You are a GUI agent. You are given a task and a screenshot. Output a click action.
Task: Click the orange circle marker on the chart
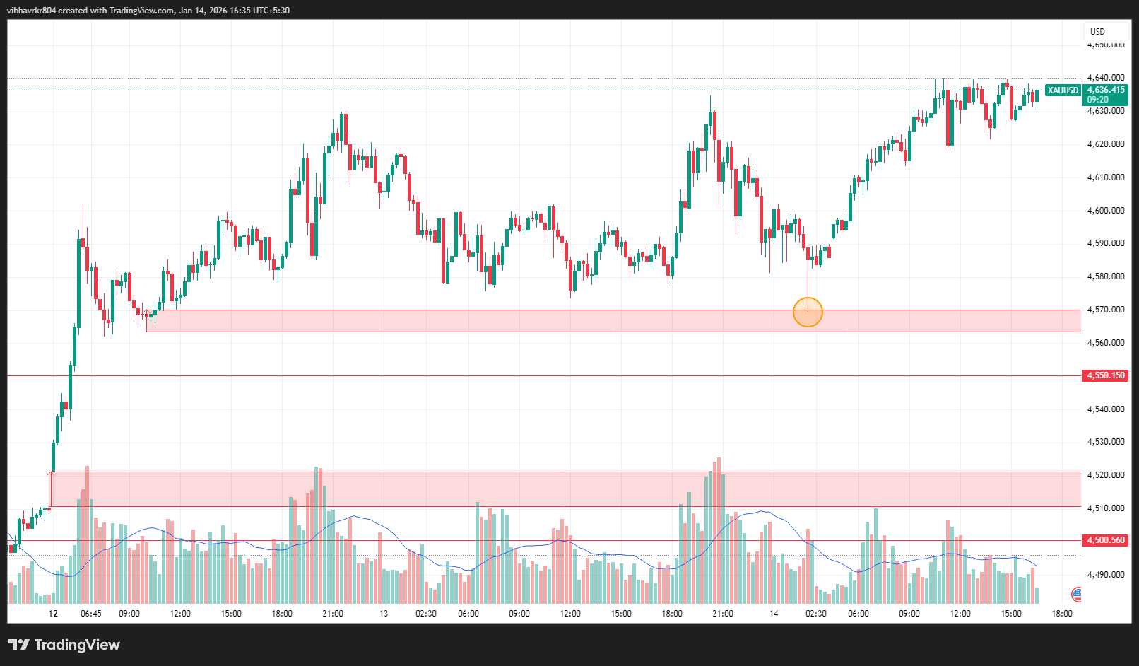point(808,312)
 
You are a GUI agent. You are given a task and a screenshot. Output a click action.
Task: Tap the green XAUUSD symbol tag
point(1063,90)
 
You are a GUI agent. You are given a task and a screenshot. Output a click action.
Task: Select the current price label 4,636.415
point(1106,90)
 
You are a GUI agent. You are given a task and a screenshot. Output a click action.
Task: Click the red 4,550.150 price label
point(1106,375)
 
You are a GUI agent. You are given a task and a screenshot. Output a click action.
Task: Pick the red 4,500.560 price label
point(1106,540)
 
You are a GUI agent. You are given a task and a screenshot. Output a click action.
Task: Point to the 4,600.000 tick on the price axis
point(1106,211)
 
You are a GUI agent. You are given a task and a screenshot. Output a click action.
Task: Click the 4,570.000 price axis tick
point(1106,310)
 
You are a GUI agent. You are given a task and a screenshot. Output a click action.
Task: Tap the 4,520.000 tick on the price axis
point(1106,475)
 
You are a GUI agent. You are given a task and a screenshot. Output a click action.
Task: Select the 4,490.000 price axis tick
point(1106,575)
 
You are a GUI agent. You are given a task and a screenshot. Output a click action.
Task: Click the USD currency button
point(1097,32)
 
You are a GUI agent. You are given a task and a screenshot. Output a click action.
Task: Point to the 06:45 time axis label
point(91,614)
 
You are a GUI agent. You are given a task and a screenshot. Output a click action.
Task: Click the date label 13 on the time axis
point(384,614)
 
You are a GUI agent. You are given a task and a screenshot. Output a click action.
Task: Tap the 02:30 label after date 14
point(816,614)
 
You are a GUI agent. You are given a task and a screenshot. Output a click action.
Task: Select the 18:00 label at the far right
point(1062,614)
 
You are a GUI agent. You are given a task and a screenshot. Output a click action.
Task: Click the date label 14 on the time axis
point(774,614)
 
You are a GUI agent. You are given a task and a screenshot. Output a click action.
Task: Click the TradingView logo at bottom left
point(64,645)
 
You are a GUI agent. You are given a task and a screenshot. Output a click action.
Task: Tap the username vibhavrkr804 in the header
point(31,11)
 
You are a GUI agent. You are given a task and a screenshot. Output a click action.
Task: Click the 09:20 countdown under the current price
point(1097,100)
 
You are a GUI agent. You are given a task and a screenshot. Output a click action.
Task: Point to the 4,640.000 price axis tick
point(1106,78)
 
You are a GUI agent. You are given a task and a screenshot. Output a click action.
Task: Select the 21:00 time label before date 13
point(333,614)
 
